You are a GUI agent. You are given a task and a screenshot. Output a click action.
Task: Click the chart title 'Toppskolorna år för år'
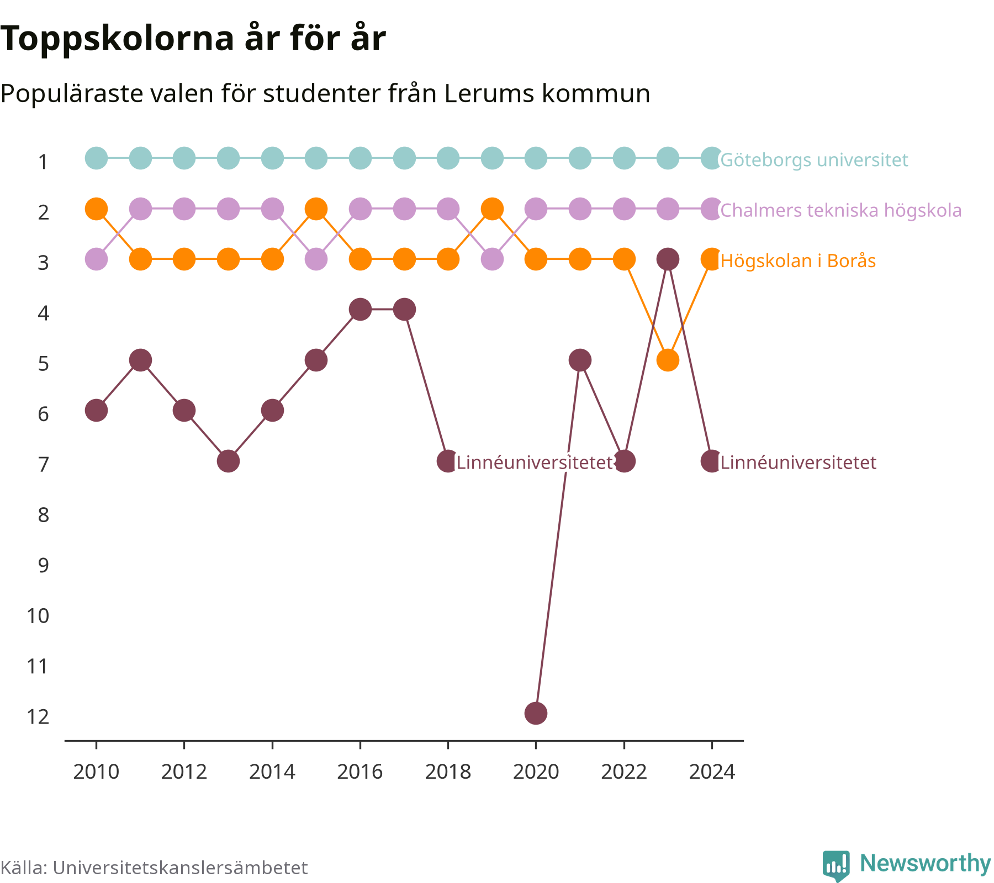[193, 39]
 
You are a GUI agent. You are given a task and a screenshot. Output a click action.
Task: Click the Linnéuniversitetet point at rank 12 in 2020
[536, 713]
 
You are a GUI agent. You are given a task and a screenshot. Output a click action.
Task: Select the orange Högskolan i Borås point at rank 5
[668, 360]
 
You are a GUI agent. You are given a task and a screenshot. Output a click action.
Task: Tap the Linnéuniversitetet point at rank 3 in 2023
[668, 259]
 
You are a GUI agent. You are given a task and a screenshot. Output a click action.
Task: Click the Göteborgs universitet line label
[814, 160]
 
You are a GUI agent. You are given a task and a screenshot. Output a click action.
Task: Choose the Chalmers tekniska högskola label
[841, 210]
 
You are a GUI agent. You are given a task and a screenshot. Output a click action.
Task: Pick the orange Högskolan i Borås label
[798, 260]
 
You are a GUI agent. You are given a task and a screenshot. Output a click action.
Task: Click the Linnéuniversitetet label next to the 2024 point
[799, 462]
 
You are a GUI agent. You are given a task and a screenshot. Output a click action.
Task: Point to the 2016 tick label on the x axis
[360, 772]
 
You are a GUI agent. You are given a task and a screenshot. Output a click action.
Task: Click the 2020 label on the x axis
[536, 772]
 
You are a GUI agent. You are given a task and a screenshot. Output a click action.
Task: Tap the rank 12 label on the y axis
[38, 716]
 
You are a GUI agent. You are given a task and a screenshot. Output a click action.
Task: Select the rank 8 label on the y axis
[44, 515]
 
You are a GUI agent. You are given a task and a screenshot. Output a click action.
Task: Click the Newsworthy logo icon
[836, 865]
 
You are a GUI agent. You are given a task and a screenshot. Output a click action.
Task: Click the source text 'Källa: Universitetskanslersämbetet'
[154, 868]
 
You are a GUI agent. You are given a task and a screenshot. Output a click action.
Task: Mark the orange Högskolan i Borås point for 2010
[96, 209]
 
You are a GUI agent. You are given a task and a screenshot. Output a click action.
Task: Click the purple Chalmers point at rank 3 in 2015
[316, 259]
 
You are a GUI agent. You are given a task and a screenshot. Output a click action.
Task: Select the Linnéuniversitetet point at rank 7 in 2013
[228, 461]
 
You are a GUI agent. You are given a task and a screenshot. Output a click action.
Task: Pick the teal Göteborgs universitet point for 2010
[96, 158]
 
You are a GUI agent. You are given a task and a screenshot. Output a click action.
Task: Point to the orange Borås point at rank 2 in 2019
[492, 209]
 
